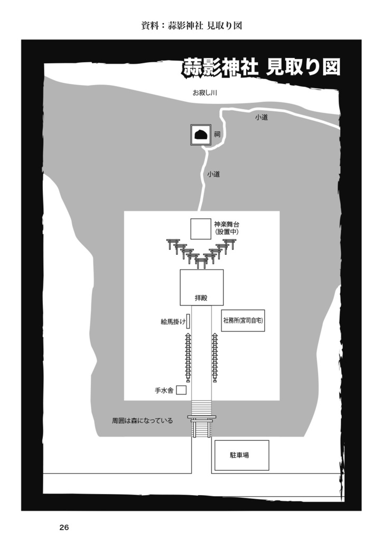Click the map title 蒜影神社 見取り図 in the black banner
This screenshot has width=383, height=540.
pos(261,67)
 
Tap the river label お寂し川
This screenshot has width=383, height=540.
pos(205,93)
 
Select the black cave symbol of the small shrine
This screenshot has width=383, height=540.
pos(200,135)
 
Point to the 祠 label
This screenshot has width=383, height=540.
pos(217,135)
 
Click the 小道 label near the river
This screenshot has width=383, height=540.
pos(261,117)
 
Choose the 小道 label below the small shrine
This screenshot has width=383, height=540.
pos(213,173)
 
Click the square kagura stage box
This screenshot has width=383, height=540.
pos(201,229)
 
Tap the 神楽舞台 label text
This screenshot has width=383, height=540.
pos(227,224)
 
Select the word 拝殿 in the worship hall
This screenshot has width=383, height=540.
pos(201,298)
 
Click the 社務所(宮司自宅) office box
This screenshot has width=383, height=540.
pos(242,320)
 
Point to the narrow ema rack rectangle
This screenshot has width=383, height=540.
pos(188,321)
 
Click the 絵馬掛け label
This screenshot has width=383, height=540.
pos(172,321)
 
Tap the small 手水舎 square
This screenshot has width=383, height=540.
pos(181,390)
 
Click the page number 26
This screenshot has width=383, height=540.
pos(64,527)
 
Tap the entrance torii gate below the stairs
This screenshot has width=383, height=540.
pos(201,425)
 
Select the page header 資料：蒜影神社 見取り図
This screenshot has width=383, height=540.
pos(191,25)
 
